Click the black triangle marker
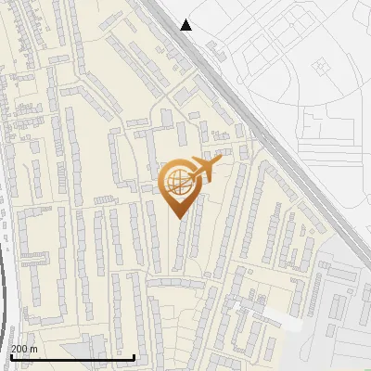coord(186,25)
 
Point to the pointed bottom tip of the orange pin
coord(177,217)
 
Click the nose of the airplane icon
coord(220,161)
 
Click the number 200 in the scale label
coord(20,349)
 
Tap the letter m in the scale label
coord(34,349)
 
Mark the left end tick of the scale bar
coord(10,356)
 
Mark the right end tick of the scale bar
coord(134,356)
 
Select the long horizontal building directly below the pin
coord(176,282)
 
